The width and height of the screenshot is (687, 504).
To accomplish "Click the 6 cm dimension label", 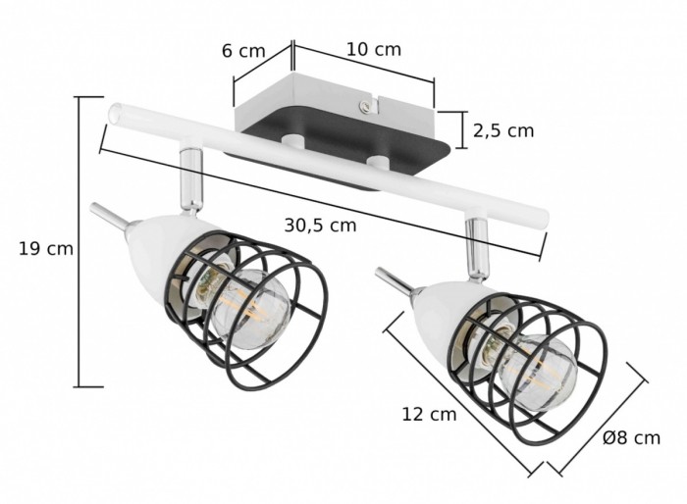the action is (243, 51).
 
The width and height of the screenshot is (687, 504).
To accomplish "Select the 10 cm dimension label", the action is (374, 49).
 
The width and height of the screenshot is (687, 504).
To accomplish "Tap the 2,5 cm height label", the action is (503, 131).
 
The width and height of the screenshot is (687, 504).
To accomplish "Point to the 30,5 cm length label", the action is (320, 226).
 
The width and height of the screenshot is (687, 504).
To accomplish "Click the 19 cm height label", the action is (46, 249).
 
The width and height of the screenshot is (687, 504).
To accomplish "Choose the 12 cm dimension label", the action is (430, 414).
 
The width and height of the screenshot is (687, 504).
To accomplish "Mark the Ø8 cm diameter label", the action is (631, 437).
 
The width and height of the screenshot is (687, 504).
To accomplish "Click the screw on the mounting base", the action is (364, 105).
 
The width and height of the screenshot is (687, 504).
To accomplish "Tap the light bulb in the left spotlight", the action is (247, 309).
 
